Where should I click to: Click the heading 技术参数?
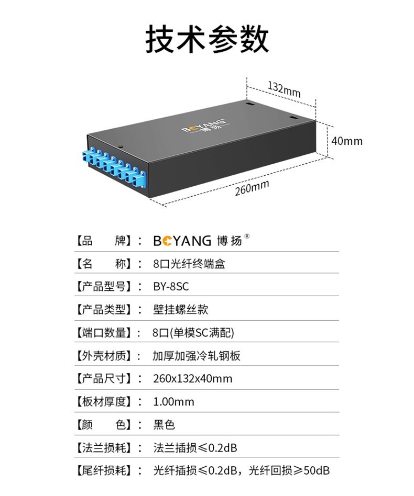[x=206, y=38]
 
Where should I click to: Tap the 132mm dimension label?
[x=284, y=88]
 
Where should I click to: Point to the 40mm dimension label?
[x=347, y=141]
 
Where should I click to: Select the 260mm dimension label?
[x=252, y=187]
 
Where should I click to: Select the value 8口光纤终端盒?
[x=189, y=264]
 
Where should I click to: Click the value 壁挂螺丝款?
[x=180, y=310]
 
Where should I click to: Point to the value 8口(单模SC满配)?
[x=193, y=333]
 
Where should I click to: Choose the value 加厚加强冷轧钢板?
[x=197, y=356]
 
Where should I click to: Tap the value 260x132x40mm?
[x=192, y=379]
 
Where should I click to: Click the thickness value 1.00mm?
[x=173, y=402]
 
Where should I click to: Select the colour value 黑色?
[x=164, y=425]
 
